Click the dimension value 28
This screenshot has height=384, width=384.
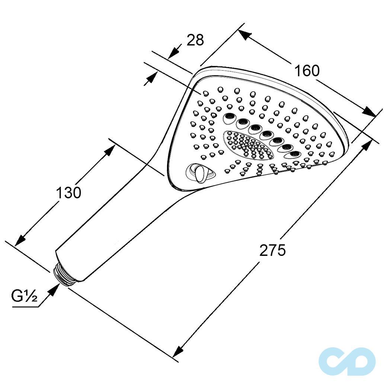[195, 40]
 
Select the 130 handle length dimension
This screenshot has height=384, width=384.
[68, 193]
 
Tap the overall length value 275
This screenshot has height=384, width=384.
[272, 250]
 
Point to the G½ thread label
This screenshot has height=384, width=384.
[24, 296]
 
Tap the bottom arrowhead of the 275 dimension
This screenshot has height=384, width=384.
[179, 351]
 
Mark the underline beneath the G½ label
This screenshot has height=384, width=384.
[25, 307]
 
